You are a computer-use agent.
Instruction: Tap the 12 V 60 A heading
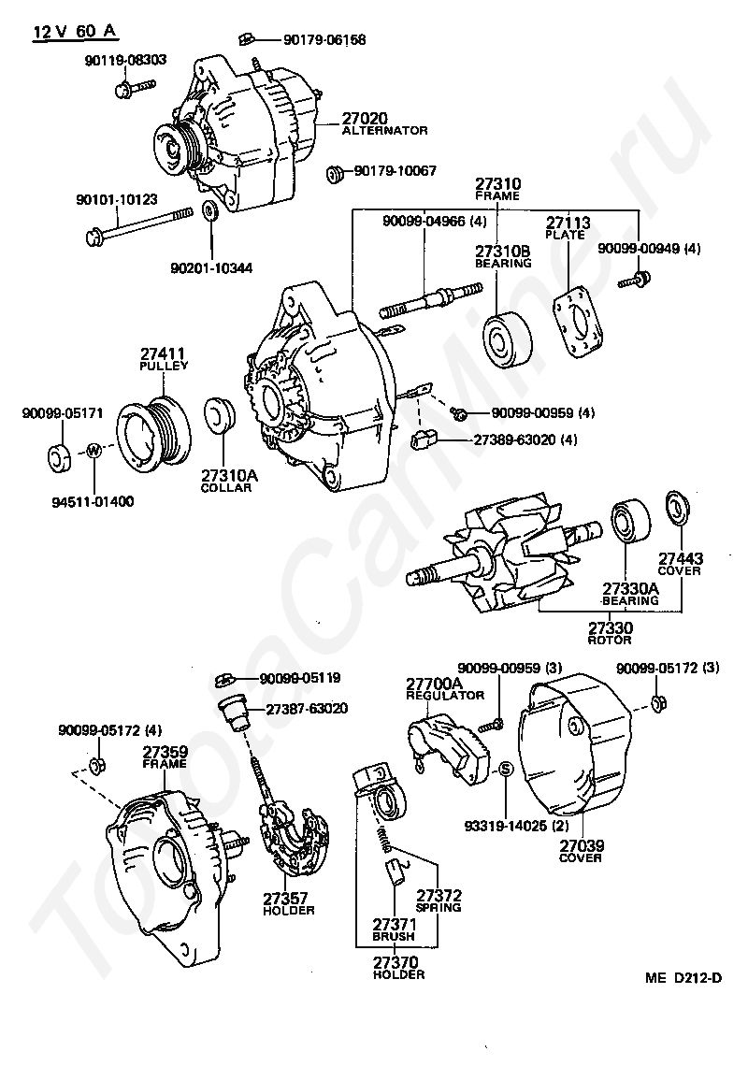[x=75, y=31]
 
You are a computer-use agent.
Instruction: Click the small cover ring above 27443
[x=675, y=506]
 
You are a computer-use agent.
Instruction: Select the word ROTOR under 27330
[x=610, y=640]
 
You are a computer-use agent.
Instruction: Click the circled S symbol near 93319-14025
[x=505, y=769]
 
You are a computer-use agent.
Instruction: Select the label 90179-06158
[x=313, y=39]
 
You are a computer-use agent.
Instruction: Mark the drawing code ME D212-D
[x=683, y=979]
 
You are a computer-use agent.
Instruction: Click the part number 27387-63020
[x=307, y=709]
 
